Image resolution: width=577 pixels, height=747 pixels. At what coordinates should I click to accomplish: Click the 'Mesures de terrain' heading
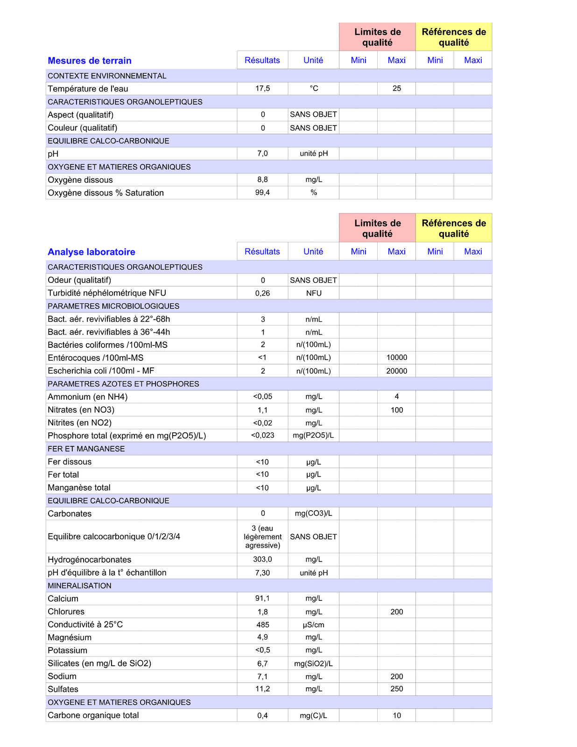pyautogui.click(x=90, y=61)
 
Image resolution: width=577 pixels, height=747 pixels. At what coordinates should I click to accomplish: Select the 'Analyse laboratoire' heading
pyautogui.click(x=91, y=252)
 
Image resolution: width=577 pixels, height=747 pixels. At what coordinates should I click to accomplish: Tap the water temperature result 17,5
pyautogui.click(x=262, y=89)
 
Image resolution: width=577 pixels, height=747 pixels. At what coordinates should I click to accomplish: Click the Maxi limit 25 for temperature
pyautogui.click(x=396, y=89)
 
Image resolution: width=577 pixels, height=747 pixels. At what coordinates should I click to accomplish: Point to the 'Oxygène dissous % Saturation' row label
pyautogui.click(x=106, y=193)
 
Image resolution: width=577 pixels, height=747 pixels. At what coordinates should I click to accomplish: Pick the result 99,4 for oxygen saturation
pyautogui.click(x=262, y=193)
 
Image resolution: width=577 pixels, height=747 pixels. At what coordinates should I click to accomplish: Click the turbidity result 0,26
pyautogui.click(x=262, y=293)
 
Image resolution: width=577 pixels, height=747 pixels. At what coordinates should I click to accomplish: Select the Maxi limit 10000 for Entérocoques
pyautogui.click(x=396, y=358)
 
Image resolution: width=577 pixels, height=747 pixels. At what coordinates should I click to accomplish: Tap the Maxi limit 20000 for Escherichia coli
pyautogui.click(x=396, y=371)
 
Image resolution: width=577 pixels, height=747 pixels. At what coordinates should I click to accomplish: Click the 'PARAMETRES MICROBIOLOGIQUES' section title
pyautogui.click(x=113, y=306)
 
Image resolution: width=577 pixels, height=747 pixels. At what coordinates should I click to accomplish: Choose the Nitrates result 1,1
pyautogui.click(x=262, y=410)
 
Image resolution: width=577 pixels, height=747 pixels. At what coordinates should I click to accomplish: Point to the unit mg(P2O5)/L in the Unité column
pyautogui.click(x=313, y=436)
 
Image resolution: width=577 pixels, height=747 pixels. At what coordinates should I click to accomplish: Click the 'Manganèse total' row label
pyautogui.click(x=79, y=487)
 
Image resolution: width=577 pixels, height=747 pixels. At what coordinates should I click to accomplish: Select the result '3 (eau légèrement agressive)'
pyautogui.click(x=262, y=537)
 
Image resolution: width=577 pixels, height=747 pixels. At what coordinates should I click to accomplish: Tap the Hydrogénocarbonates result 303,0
pyautogui.click(x=262, y=559)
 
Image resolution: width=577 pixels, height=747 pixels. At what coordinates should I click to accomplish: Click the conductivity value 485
pyautogui.click(x=262, y=625)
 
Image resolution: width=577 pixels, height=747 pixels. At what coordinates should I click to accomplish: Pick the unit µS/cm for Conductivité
pyautogui.click(x=313, y=625)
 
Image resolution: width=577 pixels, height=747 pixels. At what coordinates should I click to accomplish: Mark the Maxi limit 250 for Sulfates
pyautogui.click(x=396, y=689)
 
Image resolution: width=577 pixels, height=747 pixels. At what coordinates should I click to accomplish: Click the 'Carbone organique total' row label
pyautogui.click(x=93, y=715)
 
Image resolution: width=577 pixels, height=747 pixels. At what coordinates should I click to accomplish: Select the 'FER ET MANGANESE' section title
pyautogui.click(x=86, y=449)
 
